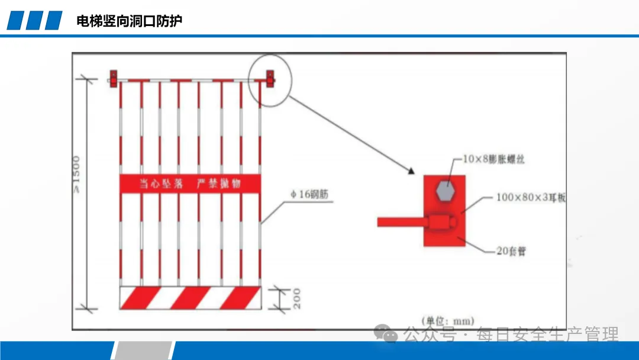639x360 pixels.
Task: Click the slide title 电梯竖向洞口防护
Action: point(129,21)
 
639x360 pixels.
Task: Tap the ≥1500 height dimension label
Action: point(76,174)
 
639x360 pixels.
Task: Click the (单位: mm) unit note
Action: point(447,321)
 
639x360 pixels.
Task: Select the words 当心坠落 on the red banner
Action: point(162,184)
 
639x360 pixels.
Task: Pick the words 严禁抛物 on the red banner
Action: point(219,184)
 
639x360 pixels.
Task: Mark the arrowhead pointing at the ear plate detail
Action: point(410,171)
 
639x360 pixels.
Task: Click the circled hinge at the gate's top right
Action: point(270,78)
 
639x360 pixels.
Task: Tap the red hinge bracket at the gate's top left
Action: point(112,78)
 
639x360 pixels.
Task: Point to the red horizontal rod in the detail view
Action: point(399,222)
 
